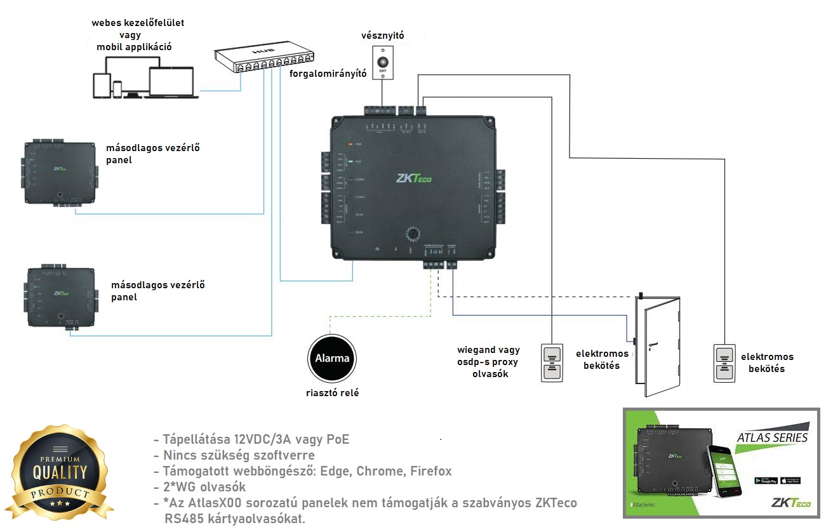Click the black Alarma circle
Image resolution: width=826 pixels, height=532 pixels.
click(x=333, y=358)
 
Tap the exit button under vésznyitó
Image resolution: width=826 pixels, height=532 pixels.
click(x=383, y=63)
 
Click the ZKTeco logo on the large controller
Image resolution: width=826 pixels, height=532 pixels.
click(x=413, y=179)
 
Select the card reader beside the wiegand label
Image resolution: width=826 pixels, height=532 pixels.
click(x=552, y=362)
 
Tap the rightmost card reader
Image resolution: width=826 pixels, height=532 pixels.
click(x=724, y=362)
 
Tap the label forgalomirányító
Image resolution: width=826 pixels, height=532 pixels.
click(x=328, y=74)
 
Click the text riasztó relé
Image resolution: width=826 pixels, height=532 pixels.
click(x=332, y=393)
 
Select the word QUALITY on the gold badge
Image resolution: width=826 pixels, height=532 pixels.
click(x=60, y=472)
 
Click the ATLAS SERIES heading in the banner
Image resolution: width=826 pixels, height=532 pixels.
click(x=772, y=437)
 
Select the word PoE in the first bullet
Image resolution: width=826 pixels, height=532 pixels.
click(x=335, y=439)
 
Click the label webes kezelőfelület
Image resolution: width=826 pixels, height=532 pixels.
click(x=138, y=23)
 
